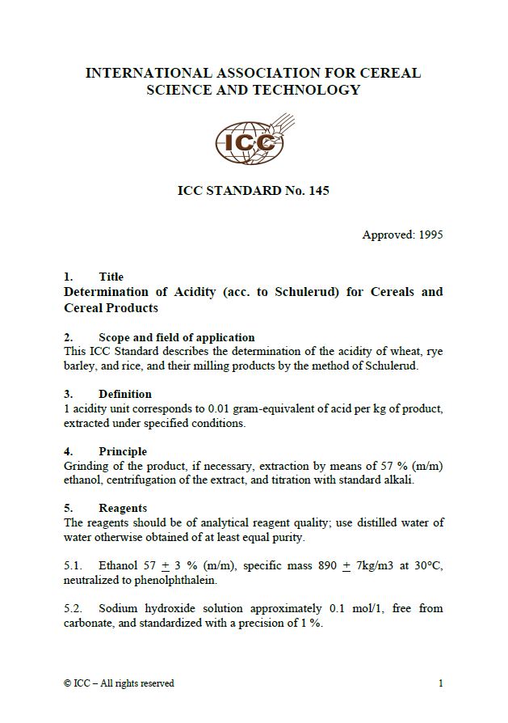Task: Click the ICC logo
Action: click(x=253, y=140)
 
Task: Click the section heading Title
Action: click(x=111, y=277)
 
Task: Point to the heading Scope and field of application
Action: click(x=176, y=337)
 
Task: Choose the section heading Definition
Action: click(x=124, y=394)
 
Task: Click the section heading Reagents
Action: click(x=122, y=508)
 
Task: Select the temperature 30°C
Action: click(x=427, y=566)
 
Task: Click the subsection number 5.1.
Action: click(x=73, y=566)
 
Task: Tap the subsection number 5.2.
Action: click(x=73, y=608)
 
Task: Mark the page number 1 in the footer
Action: click(x=440, y=683)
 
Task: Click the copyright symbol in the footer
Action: click(x=67, y=683)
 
